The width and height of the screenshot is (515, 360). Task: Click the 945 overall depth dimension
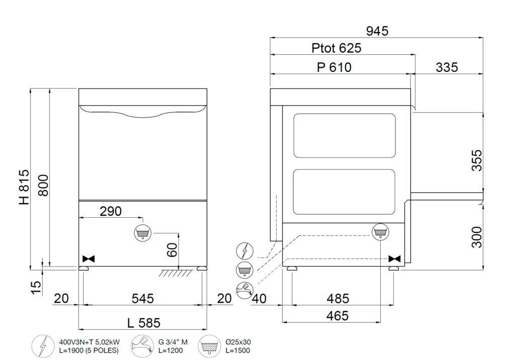pos(377,31)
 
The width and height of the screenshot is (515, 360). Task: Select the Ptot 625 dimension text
pos(336,48)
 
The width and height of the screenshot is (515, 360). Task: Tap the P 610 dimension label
pos(334,68)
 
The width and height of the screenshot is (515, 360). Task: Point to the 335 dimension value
pos(447,68)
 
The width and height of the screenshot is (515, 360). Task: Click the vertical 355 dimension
pos(477,160)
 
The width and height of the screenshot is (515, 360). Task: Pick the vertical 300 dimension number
pos(477,237)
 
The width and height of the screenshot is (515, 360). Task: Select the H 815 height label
pos(24,187)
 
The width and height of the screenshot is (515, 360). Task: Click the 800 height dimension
pos(43,186)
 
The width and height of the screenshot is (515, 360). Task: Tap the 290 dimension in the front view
pos(111,211)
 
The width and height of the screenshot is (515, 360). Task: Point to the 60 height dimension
pos(172,250)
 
